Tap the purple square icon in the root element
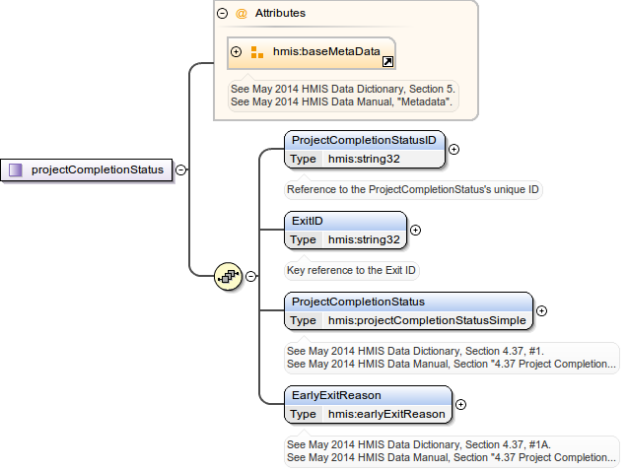(x=16, y=169)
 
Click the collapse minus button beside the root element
(x=181, y=169)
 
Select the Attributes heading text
(x=280, y=14)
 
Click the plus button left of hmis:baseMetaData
(x=236, y=52)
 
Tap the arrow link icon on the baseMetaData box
(x=387, y=61)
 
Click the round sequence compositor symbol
(x=228, y=277)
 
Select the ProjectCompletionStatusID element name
(x=364, y=140)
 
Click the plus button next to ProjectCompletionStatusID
(x=454, y=150)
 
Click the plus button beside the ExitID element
(x=415, y=231)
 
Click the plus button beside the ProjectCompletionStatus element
(x=541, y=310)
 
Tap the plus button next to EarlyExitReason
(x=460, y=404)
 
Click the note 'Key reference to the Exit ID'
(x=351, y=270)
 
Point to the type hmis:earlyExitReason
(x=386, y=414)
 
